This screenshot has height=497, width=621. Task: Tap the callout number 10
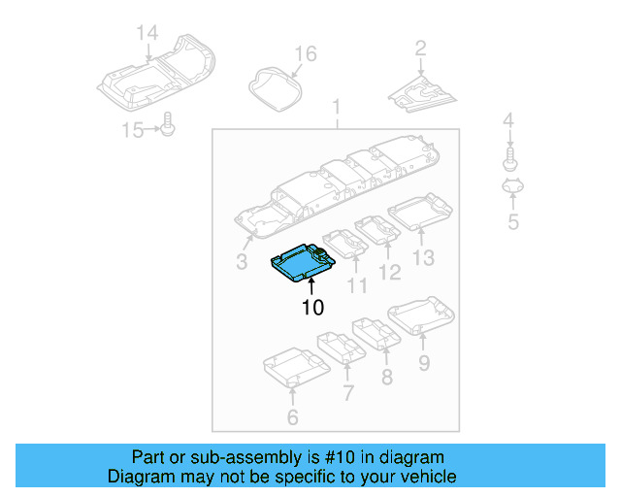point(311,308)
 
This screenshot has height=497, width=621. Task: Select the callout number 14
point(147,34)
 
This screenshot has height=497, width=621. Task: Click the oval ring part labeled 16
point(274,86)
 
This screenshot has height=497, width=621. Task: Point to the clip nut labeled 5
point(512,188)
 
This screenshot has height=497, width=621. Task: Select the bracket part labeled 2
point(423,90)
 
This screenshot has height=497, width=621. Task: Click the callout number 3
point(242,260)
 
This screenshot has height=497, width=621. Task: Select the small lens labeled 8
point(375,332)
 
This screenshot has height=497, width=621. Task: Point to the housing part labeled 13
point(419,211)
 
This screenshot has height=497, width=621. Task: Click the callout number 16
point(306,53)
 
